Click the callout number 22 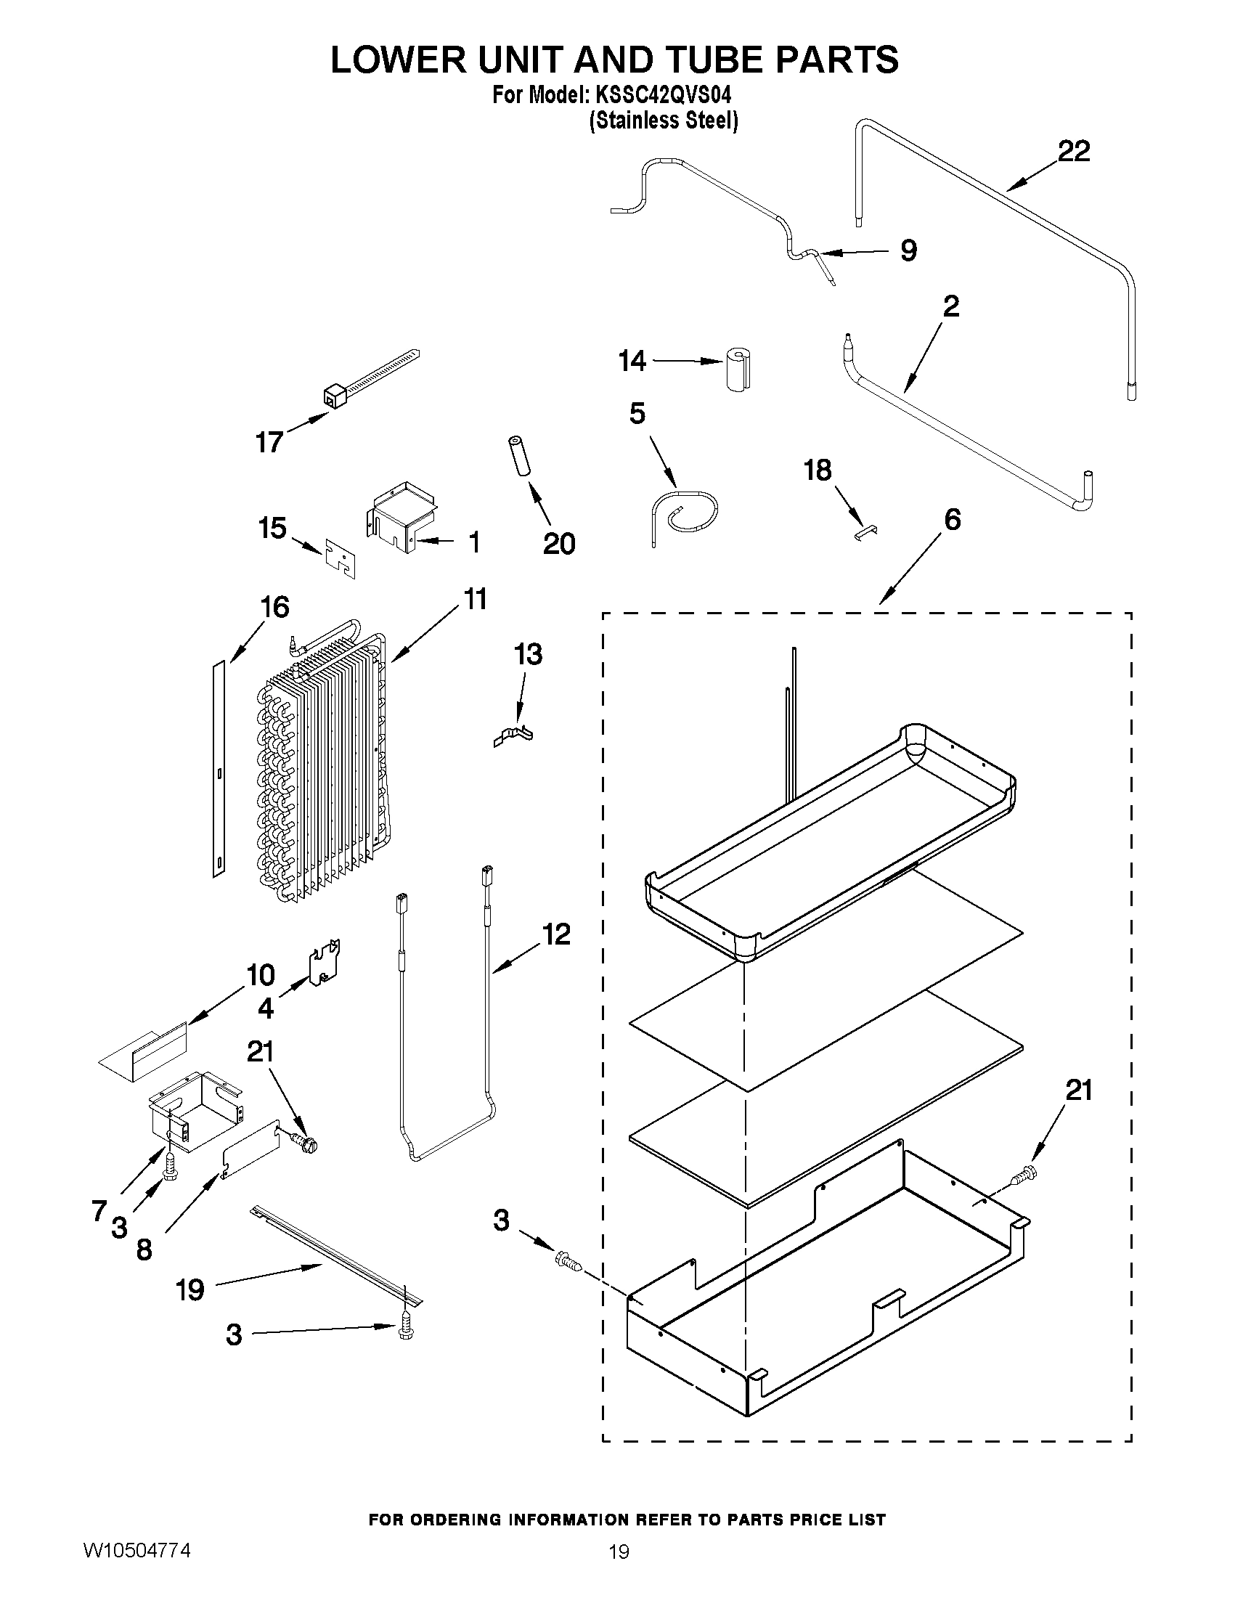[x=1073, y=152]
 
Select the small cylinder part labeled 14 [x=740, y=370]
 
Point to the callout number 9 [x=908, y=251]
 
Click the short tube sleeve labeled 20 [x=518, y=458]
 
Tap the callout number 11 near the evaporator [x=475, y=599]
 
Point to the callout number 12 [x=556, y=934]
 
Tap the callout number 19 [x=189, y=1290]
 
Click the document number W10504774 [x=136, y=1549]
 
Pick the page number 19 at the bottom [x=619, y=1552]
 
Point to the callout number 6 [x=952, y=520]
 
